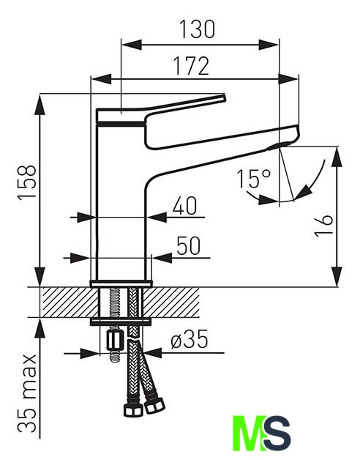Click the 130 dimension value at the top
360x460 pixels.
[x=197, y=29]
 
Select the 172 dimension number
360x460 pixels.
[x=192, y=66]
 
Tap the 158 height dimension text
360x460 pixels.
[x=27, y=183]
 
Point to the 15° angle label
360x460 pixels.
[x=254, y=179]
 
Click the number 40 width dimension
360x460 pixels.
[x=184, y=205]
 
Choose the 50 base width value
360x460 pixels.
[x=189, y=245]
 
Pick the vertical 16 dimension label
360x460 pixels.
[x=324, y=226]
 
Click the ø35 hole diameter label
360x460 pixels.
[x=190, y=339]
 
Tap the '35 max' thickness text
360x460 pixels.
[x=27, y=394]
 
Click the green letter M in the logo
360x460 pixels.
[x=250, y=434]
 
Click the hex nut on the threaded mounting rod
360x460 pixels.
[x=113, y=340]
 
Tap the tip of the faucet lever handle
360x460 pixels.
[x=224, y=97]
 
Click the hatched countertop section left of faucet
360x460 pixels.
[x=70, y=303]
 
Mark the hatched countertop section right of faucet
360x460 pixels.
[x=172, y=303]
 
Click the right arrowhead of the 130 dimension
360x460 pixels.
[x=269, y=45]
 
